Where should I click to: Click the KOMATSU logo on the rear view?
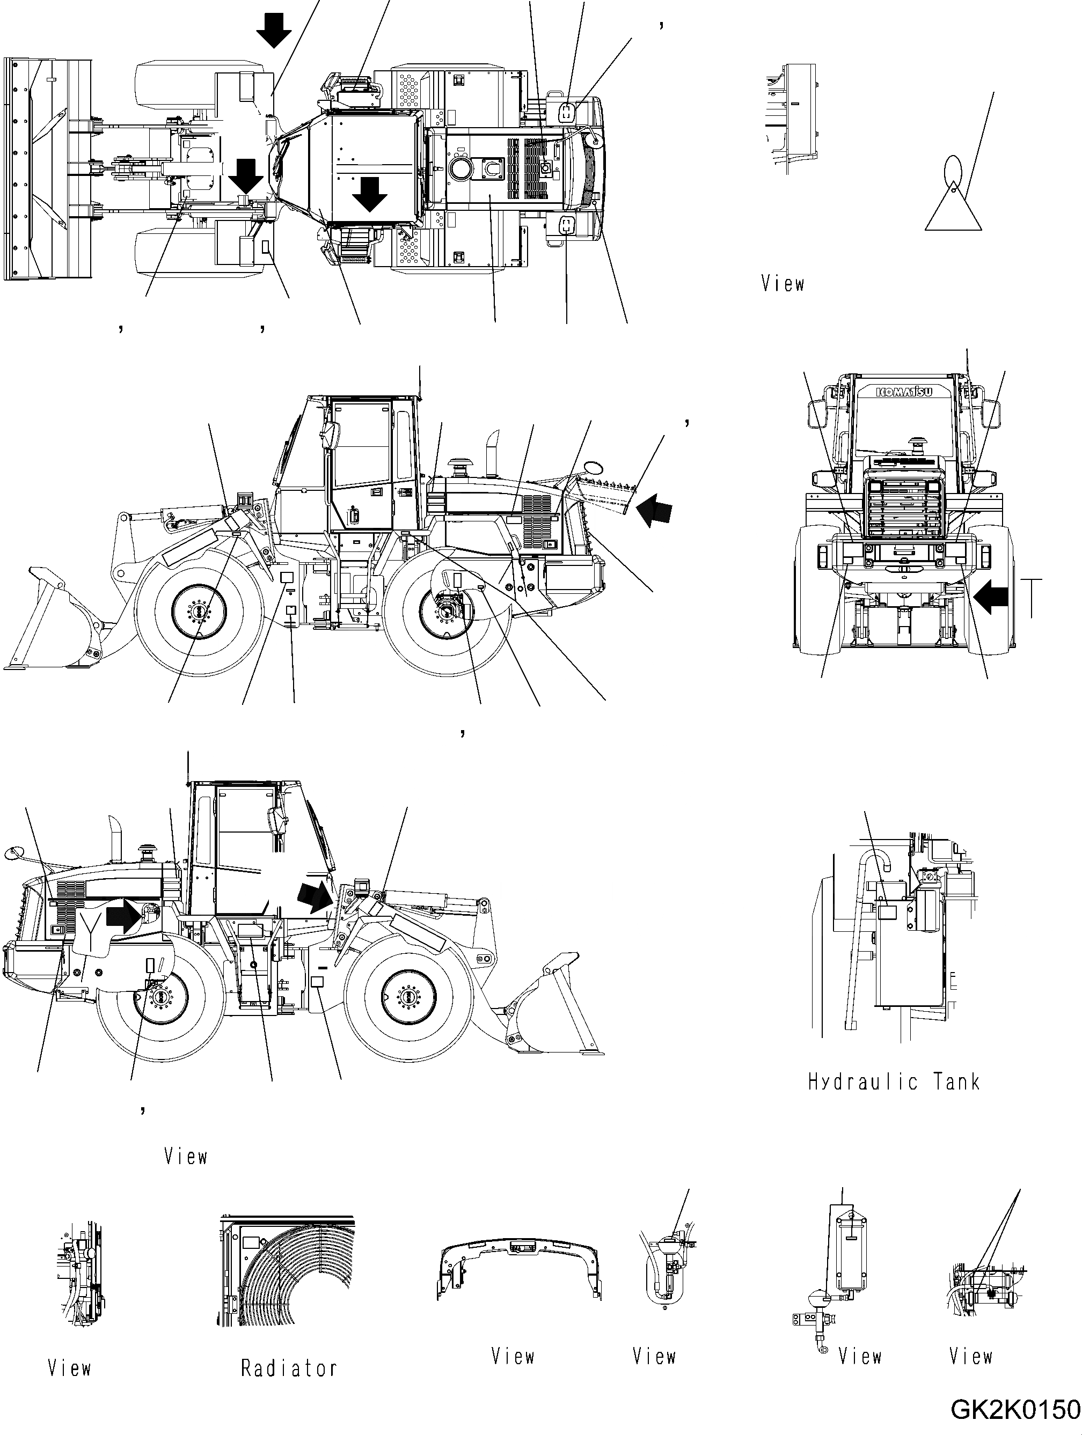(904, 392)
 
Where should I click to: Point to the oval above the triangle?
(952, 170)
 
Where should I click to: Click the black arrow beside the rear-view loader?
(992, 595)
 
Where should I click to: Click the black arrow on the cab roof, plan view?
(370, 193)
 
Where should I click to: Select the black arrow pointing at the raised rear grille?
(654, 508)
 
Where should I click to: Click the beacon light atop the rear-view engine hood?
(918, 444)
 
